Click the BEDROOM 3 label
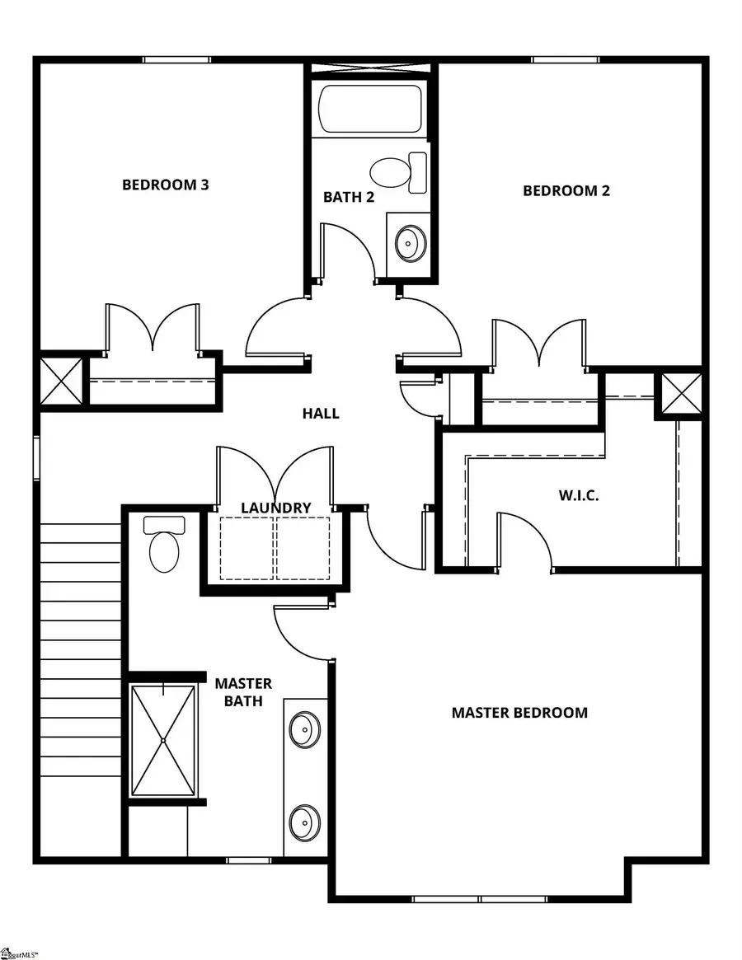pos(165,184)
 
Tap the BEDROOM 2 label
pos(566,190)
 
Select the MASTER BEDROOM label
pos(519,712)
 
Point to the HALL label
pos(320,413)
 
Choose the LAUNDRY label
pos(275,508)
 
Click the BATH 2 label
pos(349,197)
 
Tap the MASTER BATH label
pos(243,692)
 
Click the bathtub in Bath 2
pos(370,108)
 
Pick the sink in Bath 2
pos(407,242)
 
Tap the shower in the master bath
pos(164,739)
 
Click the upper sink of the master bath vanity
pos(304,728)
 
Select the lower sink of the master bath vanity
pos(304,822)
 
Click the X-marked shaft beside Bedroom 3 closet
pos(61,381)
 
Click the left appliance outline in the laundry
pos(247,548)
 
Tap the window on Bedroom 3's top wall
pos(176,59)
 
